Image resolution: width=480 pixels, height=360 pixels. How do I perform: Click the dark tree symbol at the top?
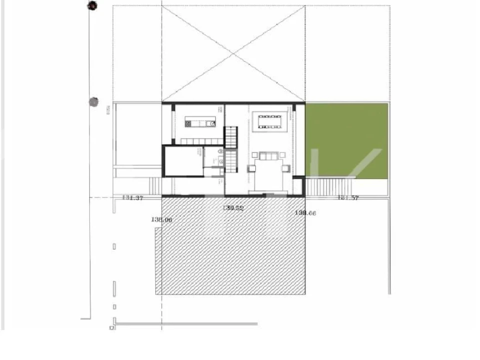click(x=92, y=6)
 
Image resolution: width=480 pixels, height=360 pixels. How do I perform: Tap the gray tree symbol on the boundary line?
click(x=93, y=102)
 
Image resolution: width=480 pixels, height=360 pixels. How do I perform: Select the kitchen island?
click(x=200, y=121)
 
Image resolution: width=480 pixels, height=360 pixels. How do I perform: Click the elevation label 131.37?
click(x=133, y=198)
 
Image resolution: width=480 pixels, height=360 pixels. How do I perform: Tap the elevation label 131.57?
click(x=348, y=198)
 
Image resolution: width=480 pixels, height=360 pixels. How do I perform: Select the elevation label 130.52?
click(x=233, y=208)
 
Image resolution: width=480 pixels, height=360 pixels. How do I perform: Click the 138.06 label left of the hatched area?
click(x=161, y=219)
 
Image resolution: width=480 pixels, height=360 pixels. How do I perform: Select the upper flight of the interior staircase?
click(x=230, y=137)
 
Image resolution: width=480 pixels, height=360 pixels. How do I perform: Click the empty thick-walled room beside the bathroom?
click(x=183, y=160)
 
